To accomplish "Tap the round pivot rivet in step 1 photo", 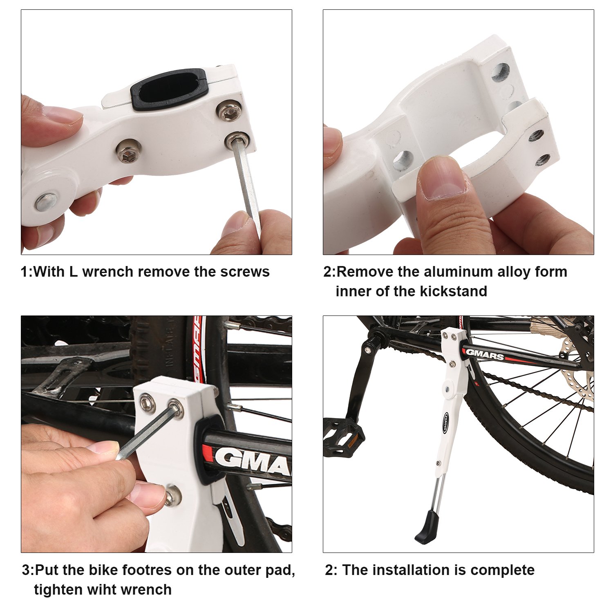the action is (46, 202).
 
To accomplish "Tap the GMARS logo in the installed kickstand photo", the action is (485, 355).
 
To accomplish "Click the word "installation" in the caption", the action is (413, 570).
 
